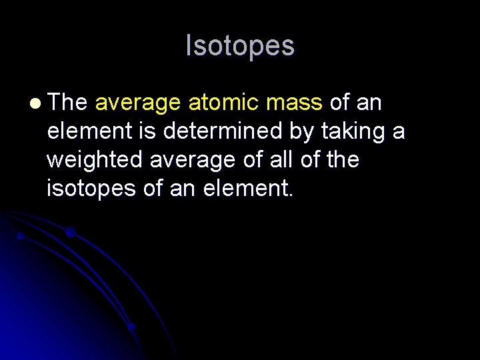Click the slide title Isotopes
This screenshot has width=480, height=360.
tap(239, 46)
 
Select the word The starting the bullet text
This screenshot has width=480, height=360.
tap(67, 103)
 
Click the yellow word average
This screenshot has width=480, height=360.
tap(138, 104)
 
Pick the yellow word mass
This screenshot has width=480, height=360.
tap(294, 104)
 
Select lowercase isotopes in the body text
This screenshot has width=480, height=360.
tap(91, 189)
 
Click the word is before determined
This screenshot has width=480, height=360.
tap(148, 131)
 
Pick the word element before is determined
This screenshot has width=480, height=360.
tap(88, 131)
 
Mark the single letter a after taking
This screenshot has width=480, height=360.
tap(398, 132)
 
